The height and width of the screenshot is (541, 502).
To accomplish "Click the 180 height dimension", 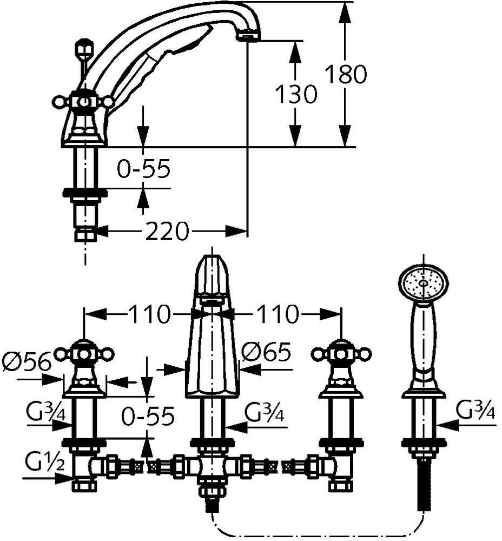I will (345, 74).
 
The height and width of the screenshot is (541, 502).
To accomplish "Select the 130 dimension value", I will (295, 94).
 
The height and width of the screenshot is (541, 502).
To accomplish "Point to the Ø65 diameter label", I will (266, 353).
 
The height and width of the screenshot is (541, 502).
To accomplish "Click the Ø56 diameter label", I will (27, 360).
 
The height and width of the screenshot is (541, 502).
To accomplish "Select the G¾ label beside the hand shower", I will (475, 412).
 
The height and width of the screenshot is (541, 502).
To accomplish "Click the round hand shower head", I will (424, 282).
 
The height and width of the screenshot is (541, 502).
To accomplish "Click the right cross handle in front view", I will (341, 354).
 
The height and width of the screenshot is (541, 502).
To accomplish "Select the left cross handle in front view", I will (84, 354).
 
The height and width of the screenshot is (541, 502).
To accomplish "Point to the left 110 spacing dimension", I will (149, 314).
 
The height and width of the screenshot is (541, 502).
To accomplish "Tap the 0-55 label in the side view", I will (144, 169).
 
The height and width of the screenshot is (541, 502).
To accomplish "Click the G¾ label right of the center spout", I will (265, 412).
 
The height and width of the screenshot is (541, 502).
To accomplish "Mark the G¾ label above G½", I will (45, 414).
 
